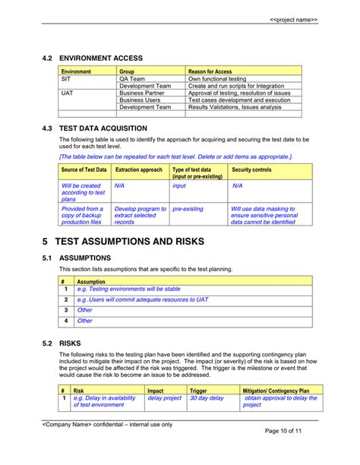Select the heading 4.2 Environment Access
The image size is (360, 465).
tap(93, 58)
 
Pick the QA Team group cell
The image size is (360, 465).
tap(132, 78)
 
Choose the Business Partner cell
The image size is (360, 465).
tap(142, 93)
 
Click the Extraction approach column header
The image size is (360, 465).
tap(138, 169)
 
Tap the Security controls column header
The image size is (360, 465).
tap(251, 169)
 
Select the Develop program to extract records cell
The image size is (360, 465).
tap(140, 215)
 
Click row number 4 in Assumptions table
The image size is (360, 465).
tap(66, 321)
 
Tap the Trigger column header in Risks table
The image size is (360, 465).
tap(198, 391)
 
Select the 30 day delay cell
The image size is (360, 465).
tap(207, 398)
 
